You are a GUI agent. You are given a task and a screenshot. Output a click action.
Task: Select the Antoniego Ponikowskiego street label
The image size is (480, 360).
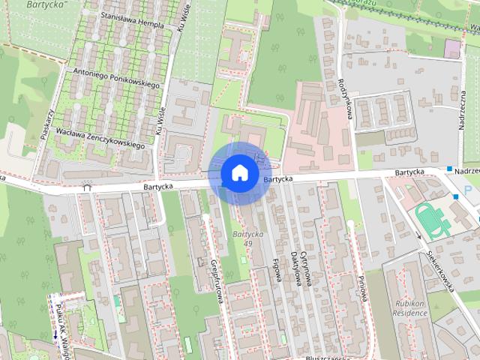[x=118, y=79]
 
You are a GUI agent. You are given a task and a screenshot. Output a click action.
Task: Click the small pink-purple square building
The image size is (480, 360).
[x=452, y=49]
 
